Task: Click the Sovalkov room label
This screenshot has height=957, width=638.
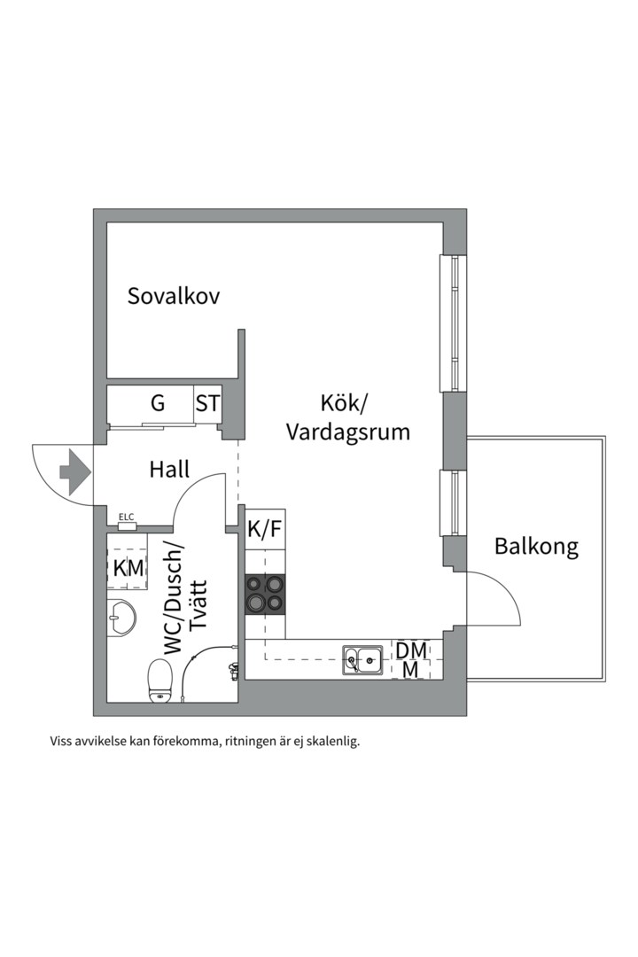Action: (x=173, y=296)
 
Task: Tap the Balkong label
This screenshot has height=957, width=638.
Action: (x=536, y=546)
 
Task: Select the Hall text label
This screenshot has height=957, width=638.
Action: (x=169, y=470)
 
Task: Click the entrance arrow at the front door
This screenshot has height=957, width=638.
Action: (x=74, y=471)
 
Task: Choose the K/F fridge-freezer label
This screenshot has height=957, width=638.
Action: (x=264, y=530)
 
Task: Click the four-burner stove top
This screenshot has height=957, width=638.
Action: (x=266, y=594)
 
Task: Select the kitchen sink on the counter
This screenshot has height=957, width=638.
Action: (x=363, y=658)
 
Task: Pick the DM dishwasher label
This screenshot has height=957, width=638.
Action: (x=411, y=650)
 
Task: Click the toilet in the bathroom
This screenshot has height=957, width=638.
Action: (x=160, y=681)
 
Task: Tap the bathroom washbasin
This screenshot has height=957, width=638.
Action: (x=121, y=618)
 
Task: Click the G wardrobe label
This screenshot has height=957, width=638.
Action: (x=158, y=404)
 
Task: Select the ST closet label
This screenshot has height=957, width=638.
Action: (x=207, y=404)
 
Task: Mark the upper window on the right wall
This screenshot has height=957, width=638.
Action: (x=453, y=323)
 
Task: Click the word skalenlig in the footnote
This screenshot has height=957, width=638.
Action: (x=331, y=742)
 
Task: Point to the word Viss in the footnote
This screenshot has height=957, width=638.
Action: (x=63, y=742)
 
